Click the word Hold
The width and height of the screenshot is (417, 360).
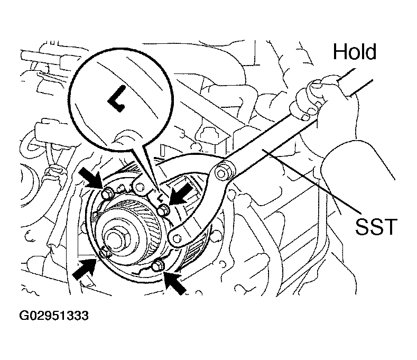pyautogui.click(x=355, y=51)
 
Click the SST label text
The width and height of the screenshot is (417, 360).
pyautogui.click(x=376, y=226)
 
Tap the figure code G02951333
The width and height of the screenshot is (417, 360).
pyautogui.click(x=54, y=316)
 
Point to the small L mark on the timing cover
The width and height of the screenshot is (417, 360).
pyautogui.click(x=160, y=198)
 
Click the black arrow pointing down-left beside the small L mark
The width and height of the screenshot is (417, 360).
pyautogui.click(x=180, y=193)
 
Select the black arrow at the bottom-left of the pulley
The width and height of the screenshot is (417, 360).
pyautogui.click(x=85, y=269)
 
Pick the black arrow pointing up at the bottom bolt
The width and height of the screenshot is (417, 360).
pyautogui.click(x=174, y=282)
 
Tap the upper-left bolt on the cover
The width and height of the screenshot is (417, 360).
pyautogui.click(x=108, y=193)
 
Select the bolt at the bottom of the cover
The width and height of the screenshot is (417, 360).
pyautogui.click(x=158, y=265)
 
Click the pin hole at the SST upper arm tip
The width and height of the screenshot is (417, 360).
pyautogui.click(x=138, y=187)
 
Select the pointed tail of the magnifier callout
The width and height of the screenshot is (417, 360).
pyautogui.click(x=153, y=173)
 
